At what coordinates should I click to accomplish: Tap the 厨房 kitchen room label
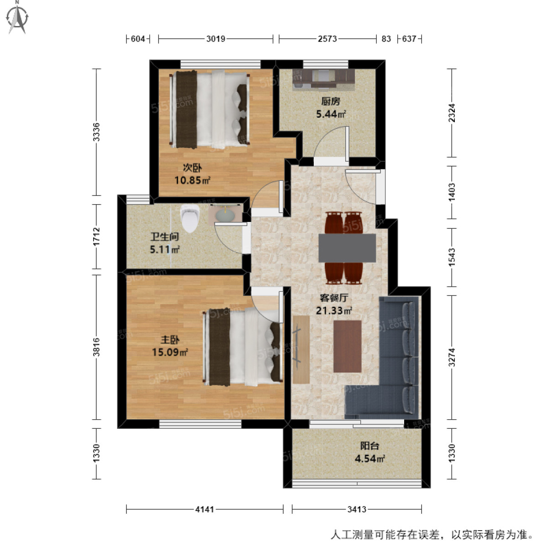(331, 101)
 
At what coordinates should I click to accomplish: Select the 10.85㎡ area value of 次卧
(192, 180)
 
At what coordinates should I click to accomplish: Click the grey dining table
(347, 248)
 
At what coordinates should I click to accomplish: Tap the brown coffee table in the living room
(347, 346)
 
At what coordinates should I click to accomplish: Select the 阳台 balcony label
(369, 446)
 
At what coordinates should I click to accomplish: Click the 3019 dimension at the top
(216, 39)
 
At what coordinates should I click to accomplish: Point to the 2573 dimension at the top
(327, 39)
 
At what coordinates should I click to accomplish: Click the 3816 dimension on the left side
(96, 347)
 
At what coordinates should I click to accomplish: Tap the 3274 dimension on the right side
(452, 357)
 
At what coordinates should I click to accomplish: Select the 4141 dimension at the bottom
(205, 509)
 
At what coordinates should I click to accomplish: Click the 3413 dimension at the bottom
(356, 509)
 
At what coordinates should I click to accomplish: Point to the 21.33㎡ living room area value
(334, 311)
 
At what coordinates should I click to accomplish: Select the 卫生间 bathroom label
(164, 237)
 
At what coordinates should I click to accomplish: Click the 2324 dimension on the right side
(452, 112)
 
